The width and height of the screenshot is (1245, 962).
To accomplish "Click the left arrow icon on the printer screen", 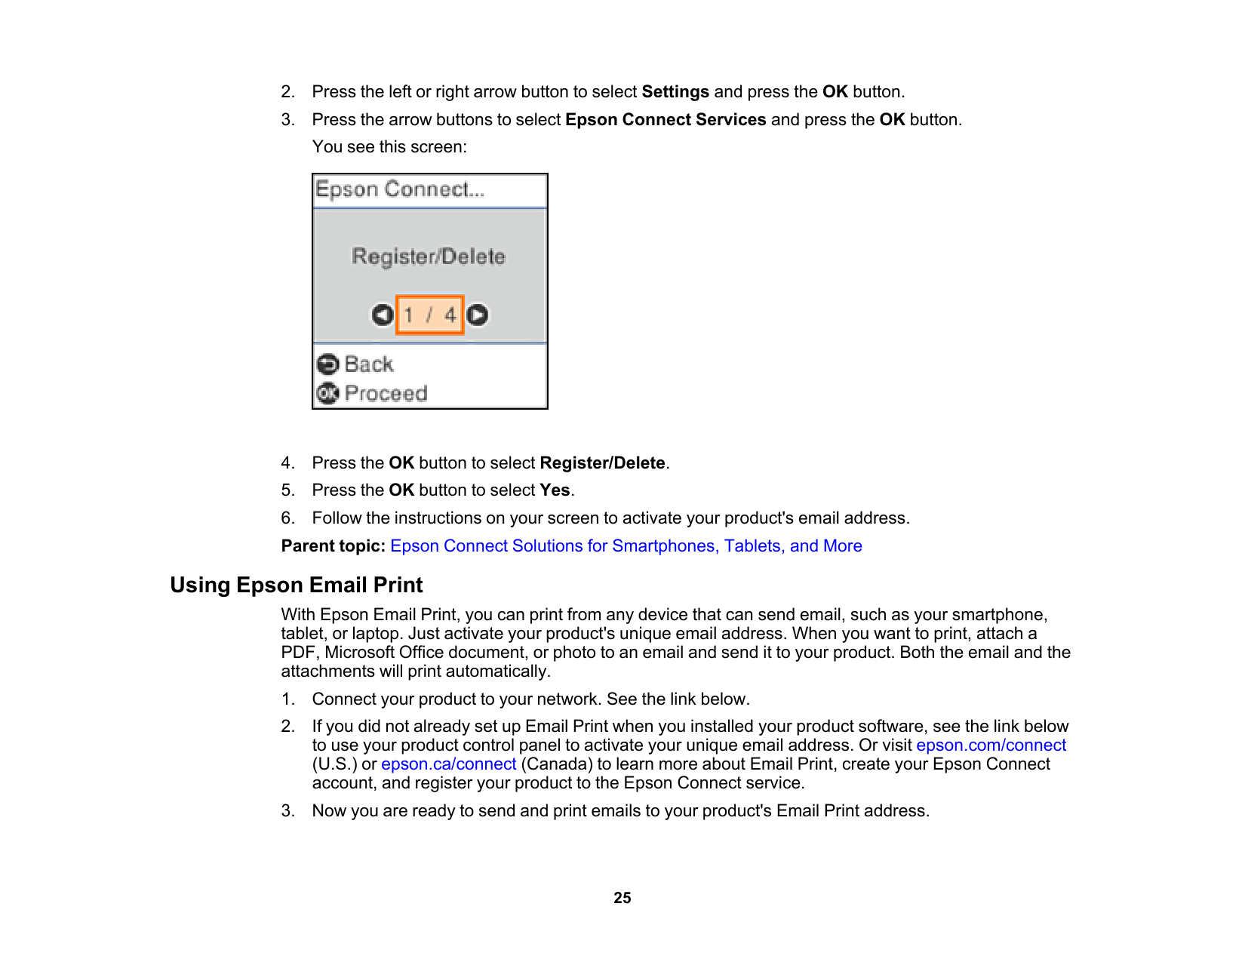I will tap(383, 315).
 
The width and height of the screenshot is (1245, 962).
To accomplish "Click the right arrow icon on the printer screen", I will tap(477, 315).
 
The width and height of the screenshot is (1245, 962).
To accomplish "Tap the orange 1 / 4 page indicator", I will tap(429, 315).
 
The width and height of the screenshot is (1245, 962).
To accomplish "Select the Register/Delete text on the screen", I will tap(429, 257).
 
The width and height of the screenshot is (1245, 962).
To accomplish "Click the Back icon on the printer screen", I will tap(327, 364).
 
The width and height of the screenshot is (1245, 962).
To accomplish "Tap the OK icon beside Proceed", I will tap(327, 393).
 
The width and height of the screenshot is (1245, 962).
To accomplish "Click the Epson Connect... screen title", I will tap(400, 189).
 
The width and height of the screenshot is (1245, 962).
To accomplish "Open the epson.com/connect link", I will tap(991, 745).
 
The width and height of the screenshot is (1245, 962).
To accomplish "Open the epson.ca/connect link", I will tap(448, 764).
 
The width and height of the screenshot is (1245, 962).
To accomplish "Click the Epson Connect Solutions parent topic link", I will tap(626, 546).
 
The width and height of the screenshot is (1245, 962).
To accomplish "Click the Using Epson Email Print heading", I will tap(297, 585).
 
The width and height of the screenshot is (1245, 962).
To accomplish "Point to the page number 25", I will tap(622, 898).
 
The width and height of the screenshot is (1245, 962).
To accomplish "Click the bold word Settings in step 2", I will tap(675, 92).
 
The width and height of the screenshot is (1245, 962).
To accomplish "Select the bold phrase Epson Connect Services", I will tap(666, 120).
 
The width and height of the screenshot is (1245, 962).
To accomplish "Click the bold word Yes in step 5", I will tap(555, 490).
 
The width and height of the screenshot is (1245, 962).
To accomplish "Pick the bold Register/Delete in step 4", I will tap(602, 463).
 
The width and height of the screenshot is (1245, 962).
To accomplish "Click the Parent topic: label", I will tap(333, 546).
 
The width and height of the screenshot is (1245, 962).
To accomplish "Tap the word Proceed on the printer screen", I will tap(386, 393).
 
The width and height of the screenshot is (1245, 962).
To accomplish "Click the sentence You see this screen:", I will tap(389, 147).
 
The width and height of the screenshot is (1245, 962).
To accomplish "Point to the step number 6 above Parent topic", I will tap(287, 518).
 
